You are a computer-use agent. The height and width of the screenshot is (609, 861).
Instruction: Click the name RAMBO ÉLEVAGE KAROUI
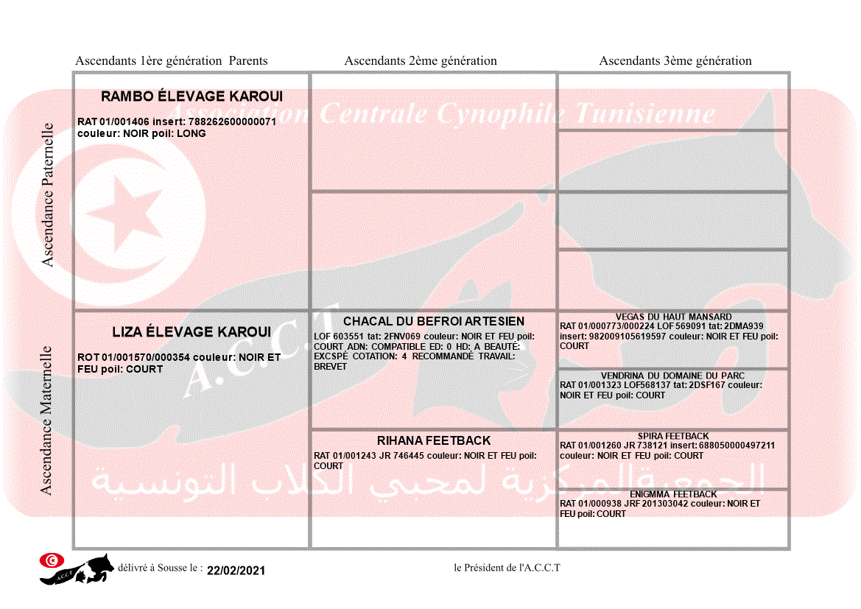coord(191,96)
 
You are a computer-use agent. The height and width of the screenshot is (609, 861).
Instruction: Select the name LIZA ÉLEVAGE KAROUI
coord(191,332)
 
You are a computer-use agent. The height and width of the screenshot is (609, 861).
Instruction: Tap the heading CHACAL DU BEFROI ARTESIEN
coord(434,321)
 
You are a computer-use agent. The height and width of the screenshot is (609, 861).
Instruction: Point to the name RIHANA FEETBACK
coord(434,440)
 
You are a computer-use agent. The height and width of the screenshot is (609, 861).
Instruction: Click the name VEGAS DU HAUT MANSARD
coord(673,317)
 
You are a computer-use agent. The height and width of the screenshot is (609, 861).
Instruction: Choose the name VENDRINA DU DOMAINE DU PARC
coord(672,376)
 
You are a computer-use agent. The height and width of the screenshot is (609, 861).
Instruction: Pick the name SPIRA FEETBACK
coord(673,436)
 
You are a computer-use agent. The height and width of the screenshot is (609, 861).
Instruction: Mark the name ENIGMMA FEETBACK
coord(673,494)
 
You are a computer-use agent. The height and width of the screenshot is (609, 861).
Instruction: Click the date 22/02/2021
coord(236,571)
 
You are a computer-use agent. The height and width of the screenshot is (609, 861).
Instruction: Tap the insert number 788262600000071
coord(232,122)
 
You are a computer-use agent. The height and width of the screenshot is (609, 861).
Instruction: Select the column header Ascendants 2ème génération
coord(421,61)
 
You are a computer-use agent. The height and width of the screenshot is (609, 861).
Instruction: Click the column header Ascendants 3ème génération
coord(675,61)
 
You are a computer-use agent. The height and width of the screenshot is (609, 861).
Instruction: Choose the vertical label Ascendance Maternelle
coord(46,420)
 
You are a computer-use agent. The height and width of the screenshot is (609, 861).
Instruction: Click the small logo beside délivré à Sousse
coord(77,568)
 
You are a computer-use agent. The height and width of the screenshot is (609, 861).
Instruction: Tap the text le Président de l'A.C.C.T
coord(507,567)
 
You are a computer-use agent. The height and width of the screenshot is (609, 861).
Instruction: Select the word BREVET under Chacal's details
coord(330,366)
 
